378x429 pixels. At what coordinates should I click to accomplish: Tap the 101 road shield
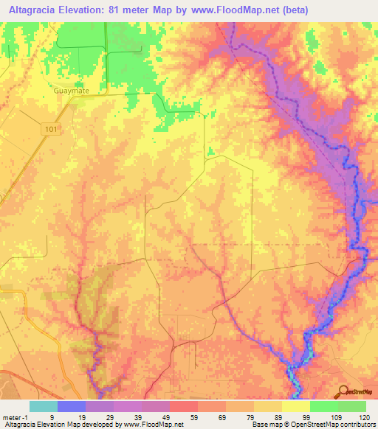(x=50, y=128)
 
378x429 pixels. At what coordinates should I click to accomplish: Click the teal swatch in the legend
(x=44, y=406)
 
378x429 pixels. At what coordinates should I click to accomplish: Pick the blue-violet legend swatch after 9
(x=72, y=406)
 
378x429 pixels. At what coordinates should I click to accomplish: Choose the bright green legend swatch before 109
(x=323, y=406)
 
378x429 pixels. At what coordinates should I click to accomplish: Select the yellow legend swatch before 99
(x=295, y=406)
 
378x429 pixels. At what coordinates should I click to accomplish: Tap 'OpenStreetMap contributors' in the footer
(x=337, y=425)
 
